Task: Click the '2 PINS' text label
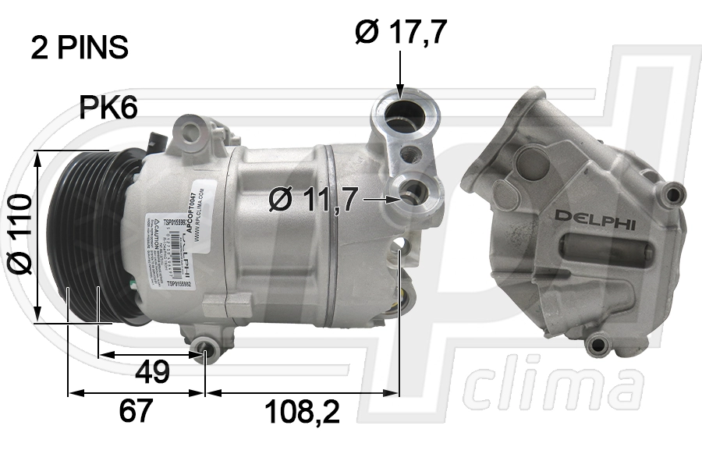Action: (80, 48)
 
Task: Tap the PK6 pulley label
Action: (108, 108)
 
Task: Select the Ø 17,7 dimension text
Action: (401, 32)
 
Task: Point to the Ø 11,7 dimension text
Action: (312, 200)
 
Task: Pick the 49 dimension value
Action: (152, 372)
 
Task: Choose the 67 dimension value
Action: (136, 409)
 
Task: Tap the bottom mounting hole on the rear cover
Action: (598, 343)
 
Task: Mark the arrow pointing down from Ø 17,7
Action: (400, 74)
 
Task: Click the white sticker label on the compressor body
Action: (175, 242)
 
